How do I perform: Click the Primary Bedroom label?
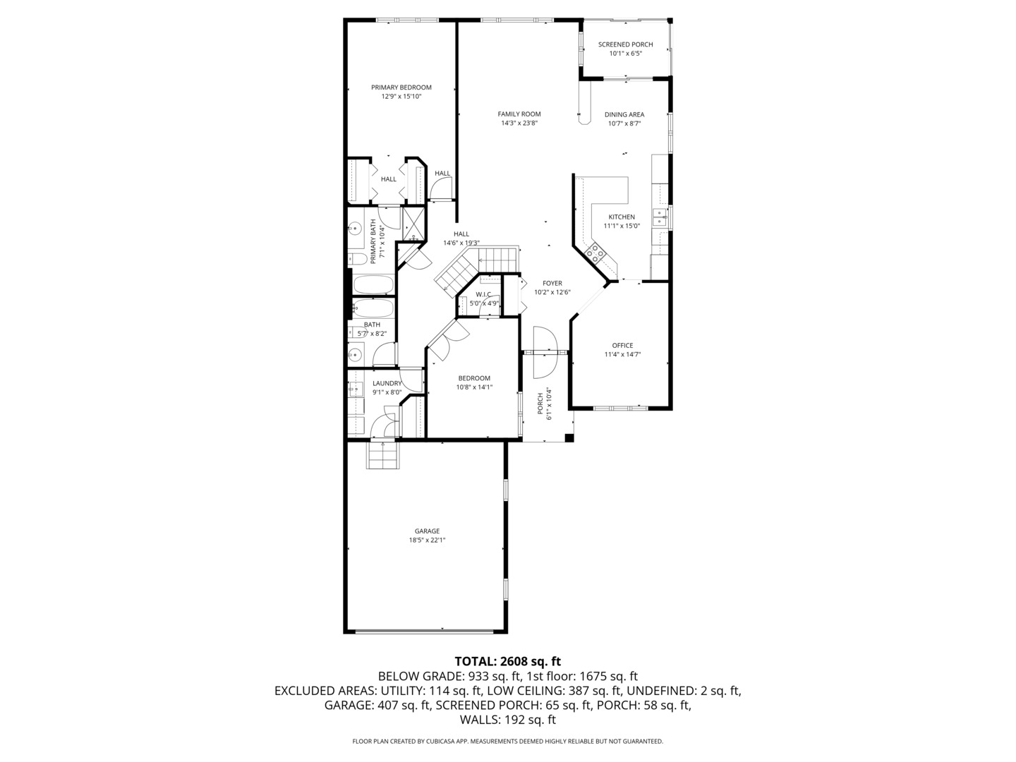401,87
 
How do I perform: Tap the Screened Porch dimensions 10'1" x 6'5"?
625,53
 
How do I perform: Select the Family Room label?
519,114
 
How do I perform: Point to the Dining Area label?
624,114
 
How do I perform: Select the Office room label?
622,346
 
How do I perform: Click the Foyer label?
552,284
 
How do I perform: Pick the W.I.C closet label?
484,294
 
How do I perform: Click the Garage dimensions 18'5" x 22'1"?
427,540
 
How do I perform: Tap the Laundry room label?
387,384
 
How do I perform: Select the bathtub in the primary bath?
373,284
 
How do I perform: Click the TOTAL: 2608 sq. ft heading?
507,661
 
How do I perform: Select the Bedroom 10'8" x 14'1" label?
473,378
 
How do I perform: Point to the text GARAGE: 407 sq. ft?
377,705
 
